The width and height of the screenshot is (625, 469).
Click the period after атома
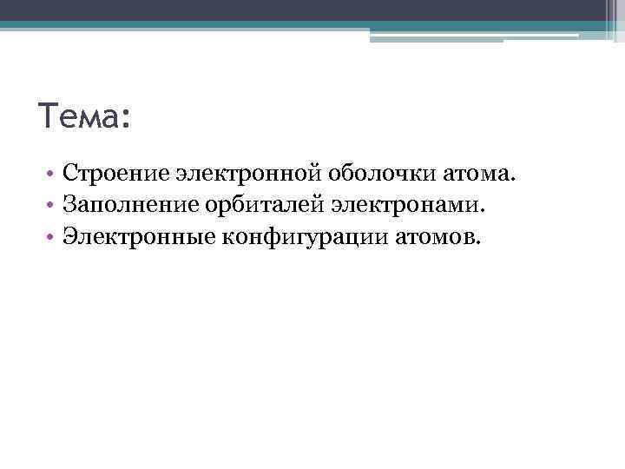[512, 182]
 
